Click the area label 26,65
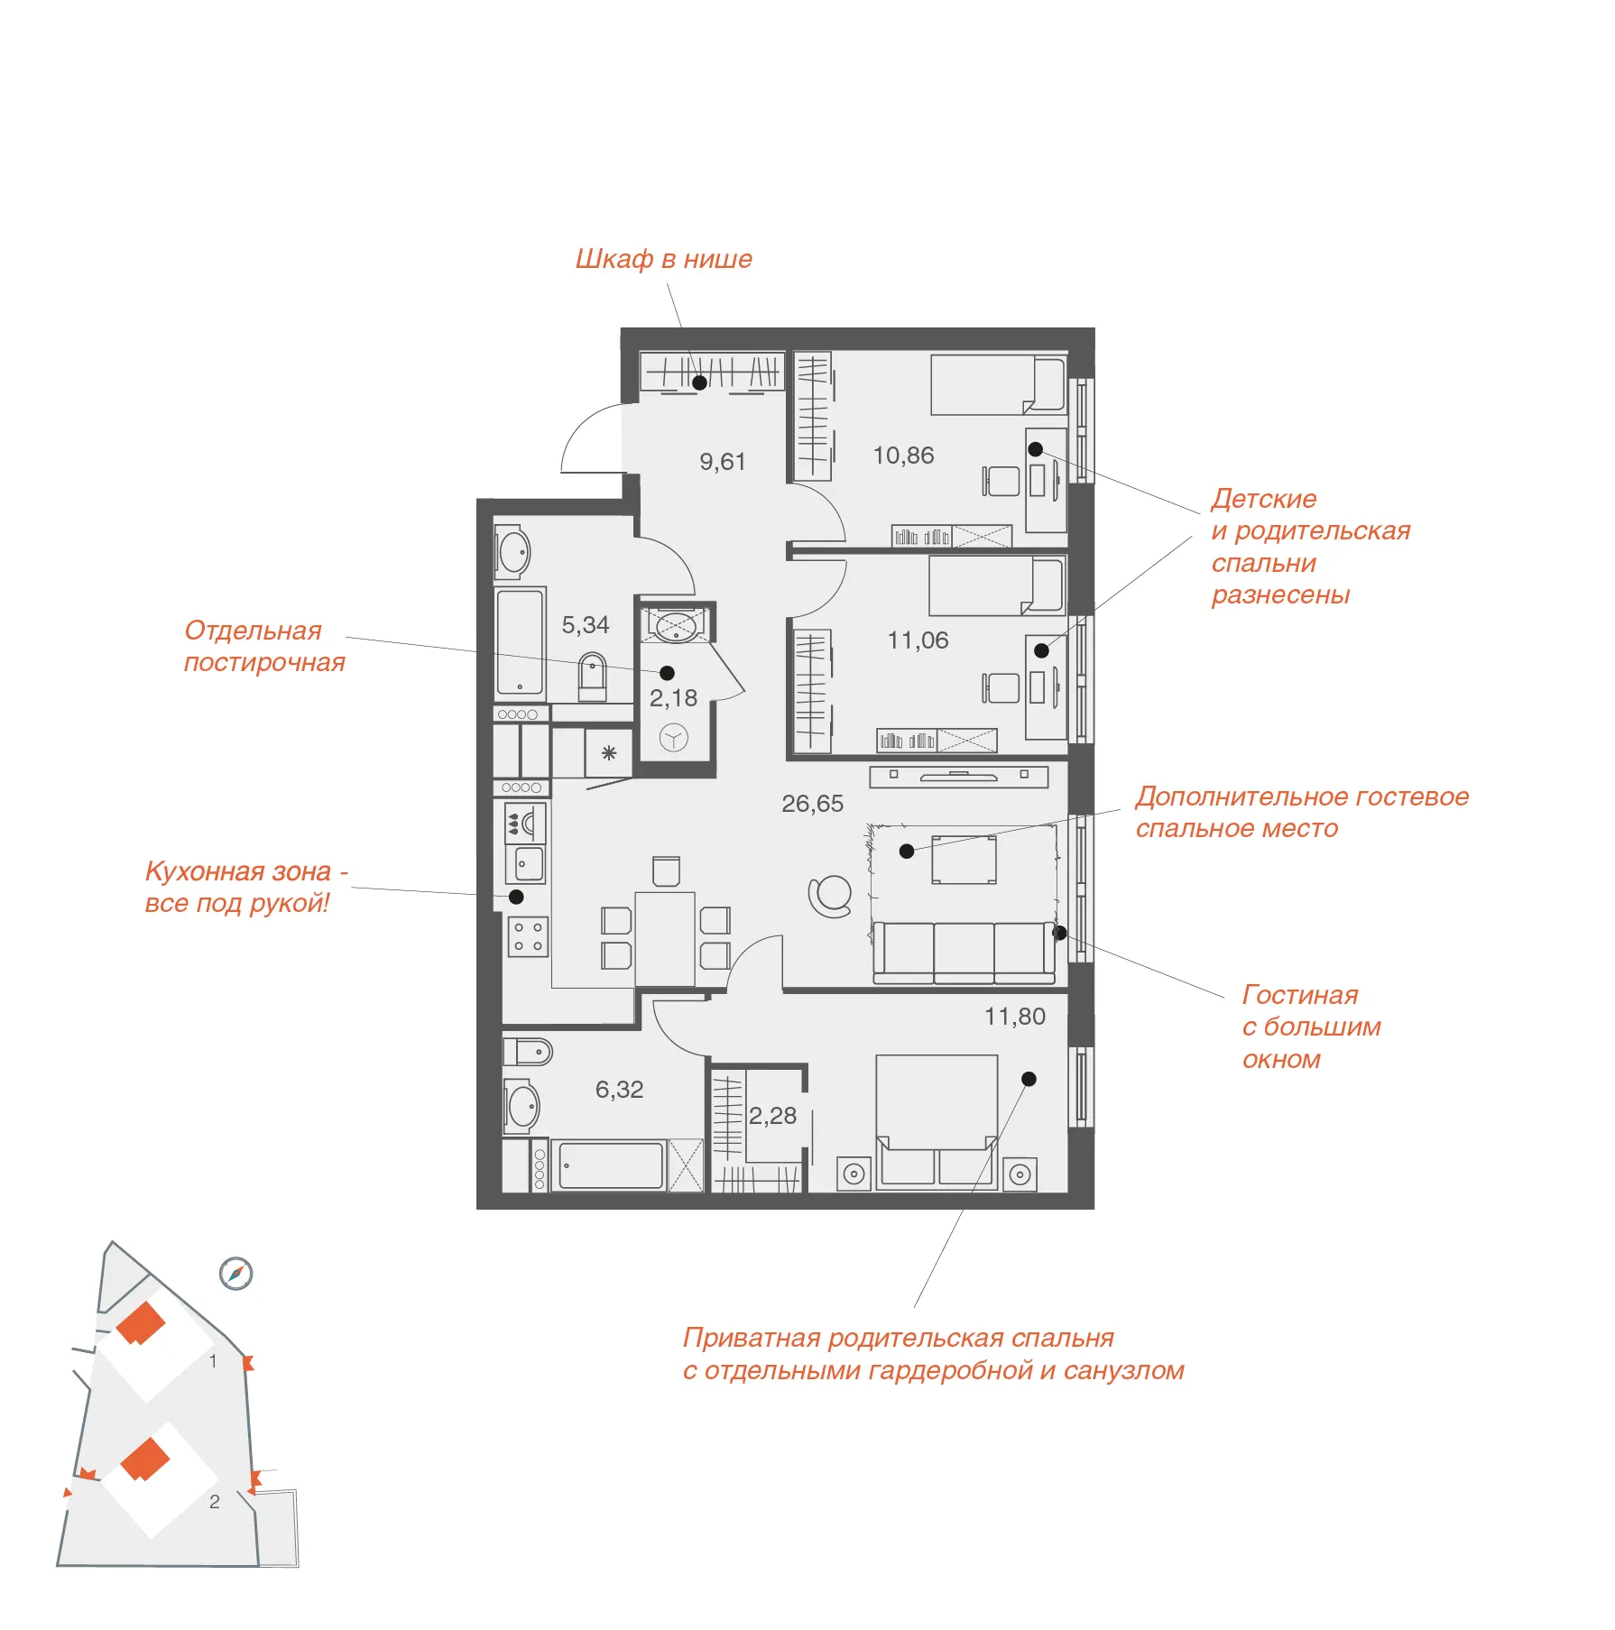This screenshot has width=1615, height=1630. click(812, 804)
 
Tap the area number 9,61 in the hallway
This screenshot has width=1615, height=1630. click(723, 462)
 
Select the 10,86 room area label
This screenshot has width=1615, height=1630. click(903, 456)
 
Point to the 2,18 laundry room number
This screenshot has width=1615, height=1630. click(673, 698)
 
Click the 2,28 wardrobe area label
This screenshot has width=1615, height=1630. click(772, 1116)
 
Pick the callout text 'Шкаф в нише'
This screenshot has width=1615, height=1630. click(663, 259)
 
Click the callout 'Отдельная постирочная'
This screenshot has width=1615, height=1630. click(264, 646)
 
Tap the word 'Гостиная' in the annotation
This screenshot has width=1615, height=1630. click(1300, 994)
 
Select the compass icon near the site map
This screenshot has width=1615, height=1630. click(236, 1273)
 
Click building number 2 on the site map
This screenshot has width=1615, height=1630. click(215, 1502)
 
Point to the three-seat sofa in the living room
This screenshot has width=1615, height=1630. click(964, 953)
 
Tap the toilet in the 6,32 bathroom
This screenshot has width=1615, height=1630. click(528, 1052)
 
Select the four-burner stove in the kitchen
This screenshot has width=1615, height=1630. click(528, 936)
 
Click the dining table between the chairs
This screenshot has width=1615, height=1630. click(665, 938)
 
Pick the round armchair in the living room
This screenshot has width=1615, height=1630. click(830, 897)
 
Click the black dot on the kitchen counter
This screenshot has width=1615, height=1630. click(516, 897)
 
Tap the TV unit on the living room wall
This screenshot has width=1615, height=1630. click(959, 776)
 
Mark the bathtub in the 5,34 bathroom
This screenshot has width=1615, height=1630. click(520, 642)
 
